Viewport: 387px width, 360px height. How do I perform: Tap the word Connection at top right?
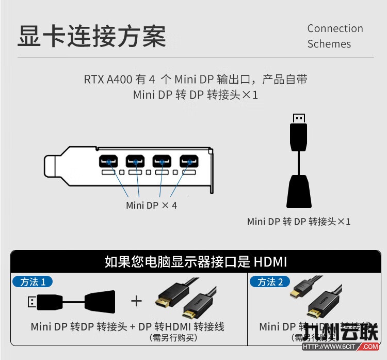[335, 28]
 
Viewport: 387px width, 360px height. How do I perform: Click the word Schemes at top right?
[329, 44]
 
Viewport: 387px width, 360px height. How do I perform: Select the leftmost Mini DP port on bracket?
[109, 162]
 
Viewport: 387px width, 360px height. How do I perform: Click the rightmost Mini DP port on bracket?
[189, 162]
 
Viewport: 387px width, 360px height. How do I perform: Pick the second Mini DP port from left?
[136, 162]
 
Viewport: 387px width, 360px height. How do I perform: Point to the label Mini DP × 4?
[151, 205]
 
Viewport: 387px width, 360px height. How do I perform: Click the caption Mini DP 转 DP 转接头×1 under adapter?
[299, 222]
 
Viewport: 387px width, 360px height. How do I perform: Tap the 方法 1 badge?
[32, 281]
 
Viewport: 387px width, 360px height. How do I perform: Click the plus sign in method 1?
[136, 301]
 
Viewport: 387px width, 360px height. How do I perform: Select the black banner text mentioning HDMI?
[196, 261]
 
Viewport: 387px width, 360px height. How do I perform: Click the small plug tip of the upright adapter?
[298, 118]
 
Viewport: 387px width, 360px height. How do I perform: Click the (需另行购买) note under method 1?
[173, 338]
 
